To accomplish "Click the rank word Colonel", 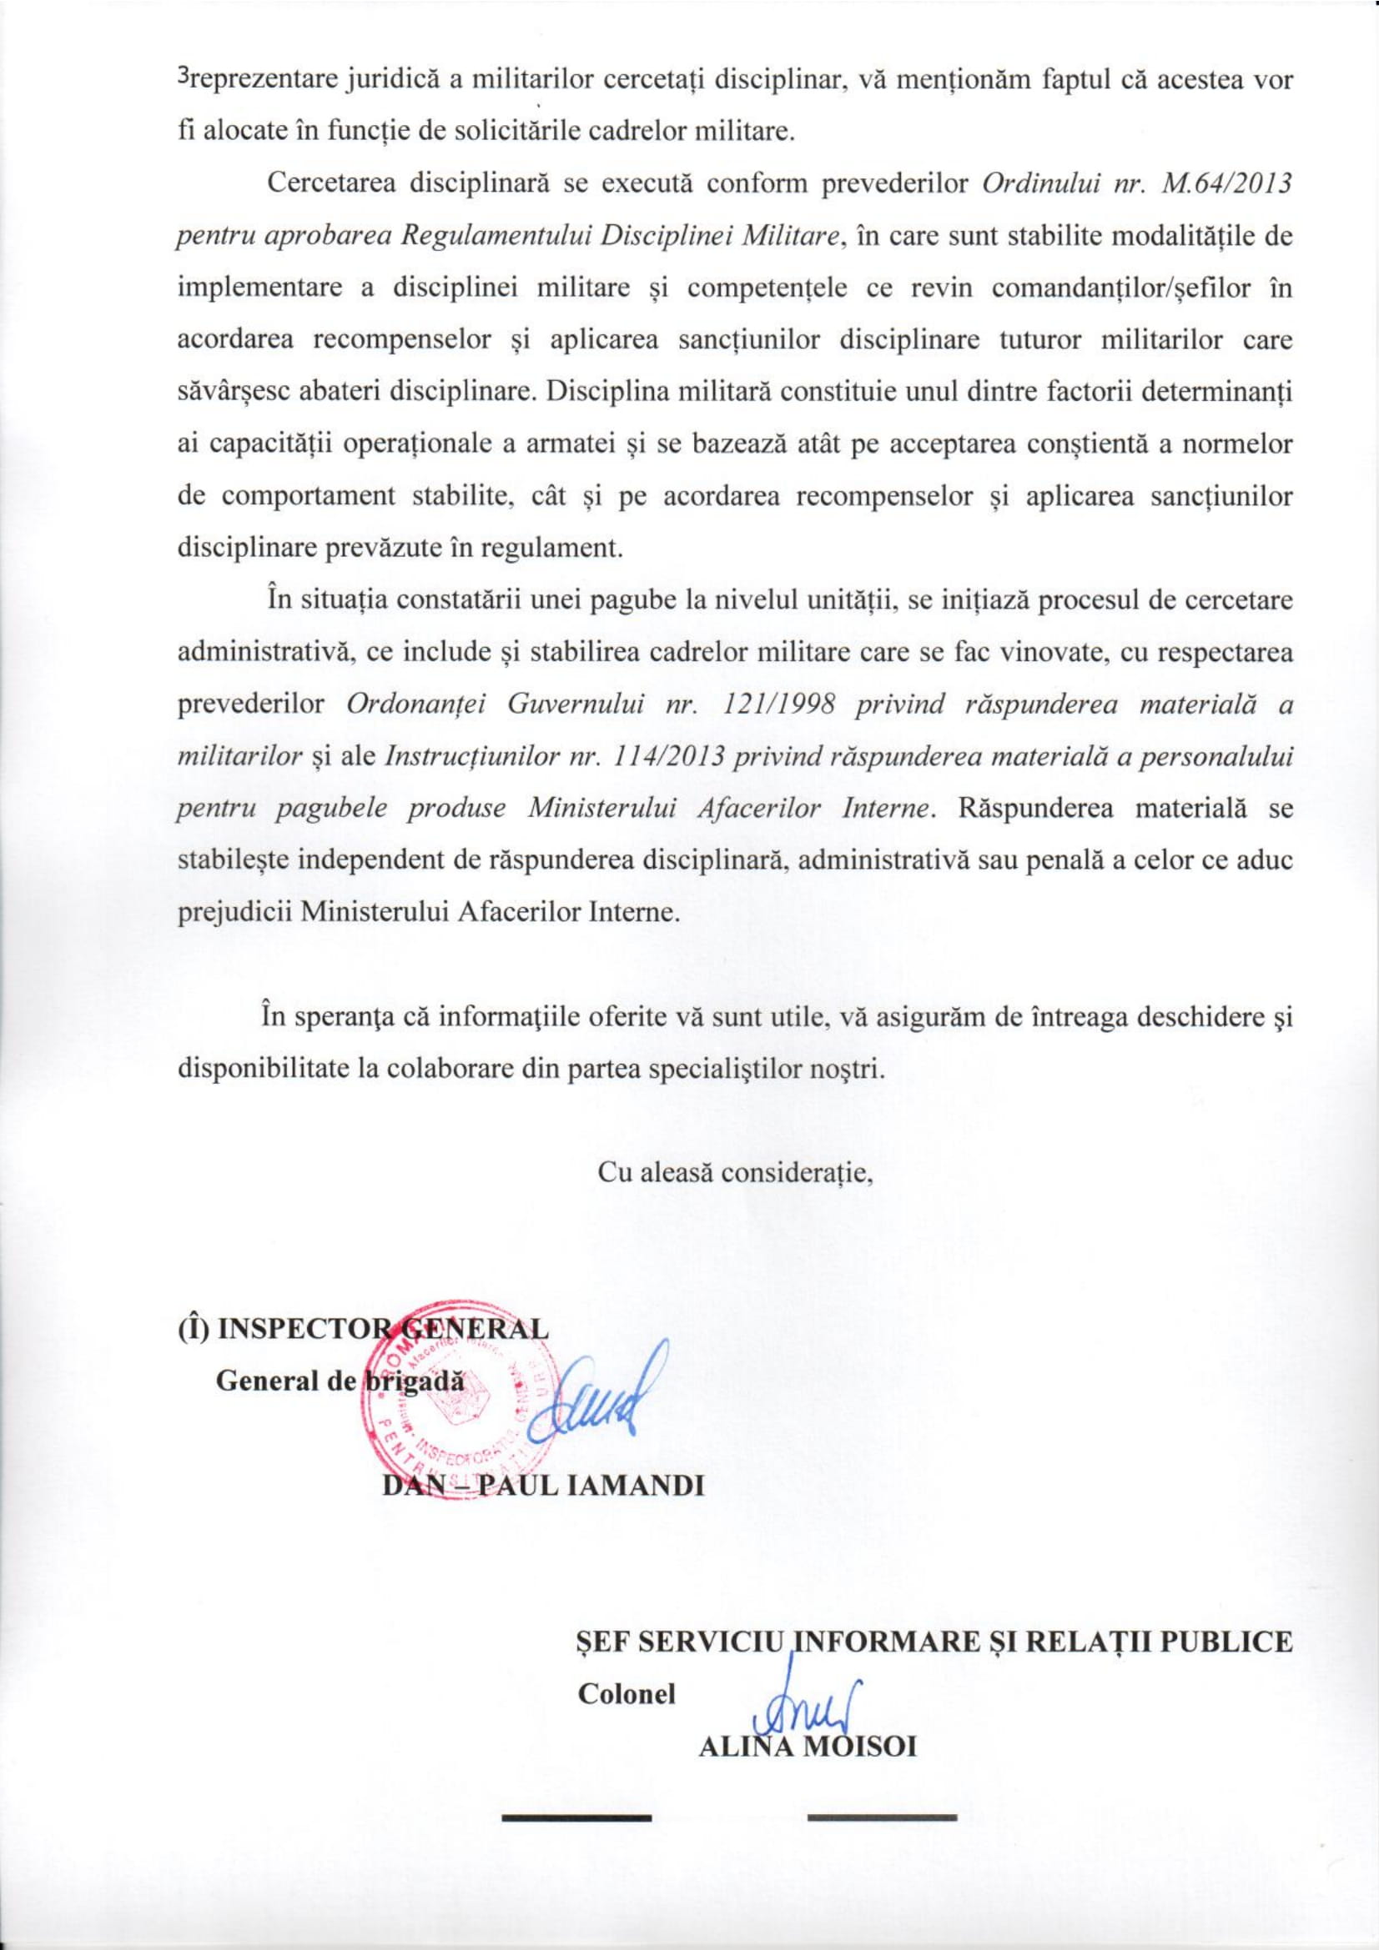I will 627,1670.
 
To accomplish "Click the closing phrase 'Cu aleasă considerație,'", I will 737,1173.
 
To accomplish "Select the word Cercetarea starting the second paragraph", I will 321,186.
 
